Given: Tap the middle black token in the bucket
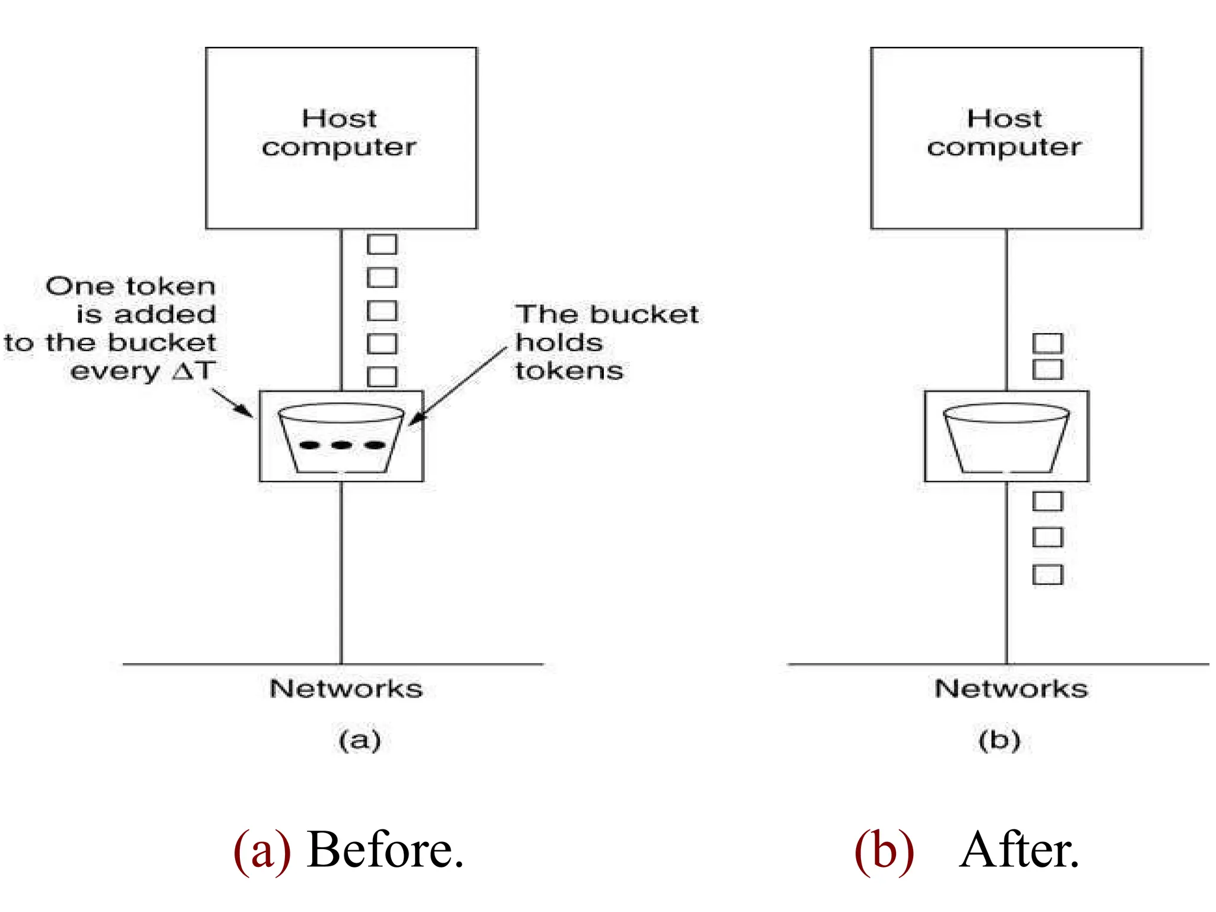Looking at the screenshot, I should pos(341,445).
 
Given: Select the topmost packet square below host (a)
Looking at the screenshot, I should pos(382,244).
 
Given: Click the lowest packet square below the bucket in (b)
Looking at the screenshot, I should pos(1047,575).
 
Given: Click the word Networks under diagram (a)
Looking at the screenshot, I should pos(346,689).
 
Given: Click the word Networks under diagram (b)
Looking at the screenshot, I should pos(1011,689).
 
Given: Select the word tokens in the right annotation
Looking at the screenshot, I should pos(569,371).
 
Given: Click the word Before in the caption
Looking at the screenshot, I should pos(384,850).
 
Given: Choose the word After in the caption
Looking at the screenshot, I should pos(1019,850).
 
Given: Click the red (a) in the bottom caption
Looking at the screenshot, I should pos(262,850).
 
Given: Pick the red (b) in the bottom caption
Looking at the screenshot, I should pos(884,850).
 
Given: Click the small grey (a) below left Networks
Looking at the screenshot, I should pos(359,740).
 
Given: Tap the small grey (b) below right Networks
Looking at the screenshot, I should pos(999,740).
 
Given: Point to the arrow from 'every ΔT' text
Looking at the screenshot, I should pos(233,403).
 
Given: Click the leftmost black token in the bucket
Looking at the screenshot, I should pos(310,445).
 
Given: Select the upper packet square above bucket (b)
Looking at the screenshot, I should pos(1047,343).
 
